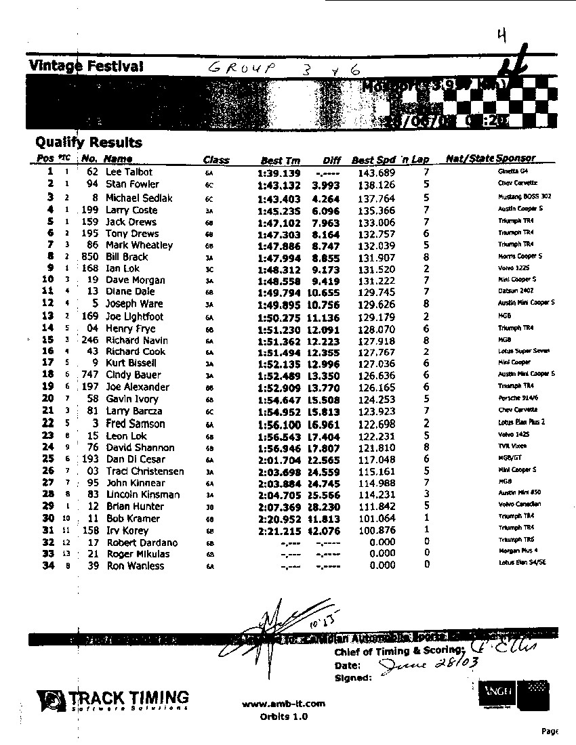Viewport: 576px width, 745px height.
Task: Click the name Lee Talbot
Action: coord(129,172)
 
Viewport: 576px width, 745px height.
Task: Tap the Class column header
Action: coord(216,161)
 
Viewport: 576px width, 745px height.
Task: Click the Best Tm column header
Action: coord(280,161)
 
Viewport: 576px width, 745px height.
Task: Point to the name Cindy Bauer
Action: coord(133,375)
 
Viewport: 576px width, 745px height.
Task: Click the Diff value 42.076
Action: coord(328,530)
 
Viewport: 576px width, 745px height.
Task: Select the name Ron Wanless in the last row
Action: coord(136,566)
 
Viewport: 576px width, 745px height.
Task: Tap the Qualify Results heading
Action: coord(89,142)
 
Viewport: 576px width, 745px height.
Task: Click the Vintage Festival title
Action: coord(86,66)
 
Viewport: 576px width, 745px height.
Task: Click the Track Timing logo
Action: coord(113,699)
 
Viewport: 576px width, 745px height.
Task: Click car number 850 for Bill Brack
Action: coord(90,257)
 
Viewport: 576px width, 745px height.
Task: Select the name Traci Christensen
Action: coord(144,471)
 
